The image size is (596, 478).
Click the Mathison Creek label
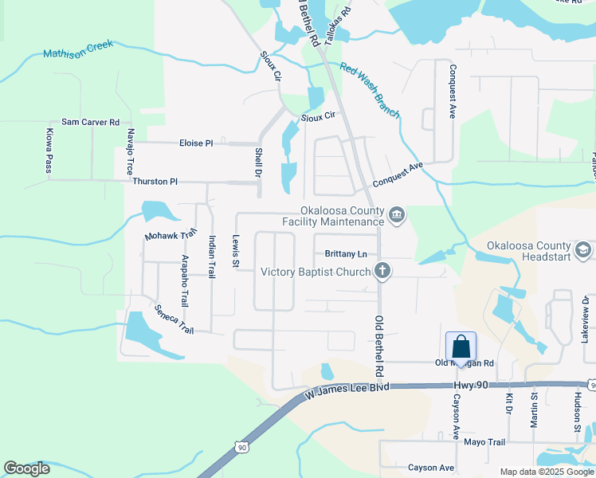tap(78, 49)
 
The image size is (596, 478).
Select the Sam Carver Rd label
tap(90, 122)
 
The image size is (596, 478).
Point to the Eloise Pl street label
tap(196, 143)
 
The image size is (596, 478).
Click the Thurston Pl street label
tap(155, 182)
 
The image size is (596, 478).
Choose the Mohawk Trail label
tap(171, 236)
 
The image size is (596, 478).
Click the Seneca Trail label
tap(174, 319)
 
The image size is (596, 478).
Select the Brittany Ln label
tap(346, 254)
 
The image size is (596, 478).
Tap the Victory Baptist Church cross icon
tap(382, 272)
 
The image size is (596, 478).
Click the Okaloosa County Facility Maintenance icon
tap(397, 214)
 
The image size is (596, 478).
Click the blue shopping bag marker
tap(461, 347)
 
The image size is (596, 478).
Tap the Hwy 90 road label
tap(469, 386)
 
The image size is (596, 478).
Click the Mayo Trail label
tap(484, 442)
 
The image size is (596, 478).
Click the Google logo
tap(27, 468)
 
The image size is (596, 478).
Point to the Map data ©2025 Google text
tap(546, 472)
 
